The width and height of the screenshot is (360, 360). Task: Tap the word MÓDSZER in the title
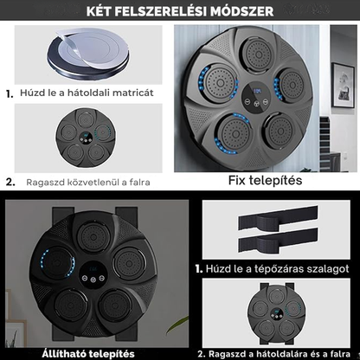coord(242,11)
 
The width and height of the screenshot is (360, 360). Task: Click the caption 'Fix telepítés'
coord(266,181)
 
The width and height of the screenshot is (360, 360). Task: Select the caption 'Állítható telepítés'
coord(88,354)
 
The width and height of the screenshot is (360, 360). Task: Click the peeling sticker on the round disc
coord(86,48)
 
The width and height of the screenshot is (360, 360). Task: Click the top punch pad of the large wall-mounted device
coord(257,53)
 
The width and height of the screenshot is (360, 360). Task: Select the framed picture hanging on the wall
coord(343,85)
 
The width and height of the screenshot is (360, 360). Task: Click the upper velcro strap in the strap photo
coord(278,218)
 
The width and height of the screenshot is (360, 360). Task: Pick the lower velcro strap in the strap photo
coord(278,241)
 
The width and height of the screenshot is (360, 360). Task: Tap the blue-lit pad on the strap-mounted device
coord(57,262)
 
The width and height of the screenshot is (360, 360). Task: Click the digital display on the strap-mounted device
coord(93,269)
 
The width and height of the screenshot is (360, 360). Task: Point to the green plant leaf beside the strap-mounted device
coord(177,323)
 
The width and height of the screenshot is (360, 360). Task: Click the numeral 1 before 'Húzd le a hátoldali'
coord(10,94)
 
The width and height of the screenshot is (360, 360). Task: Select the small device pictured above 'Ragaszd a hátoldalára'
coord(277,314)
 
